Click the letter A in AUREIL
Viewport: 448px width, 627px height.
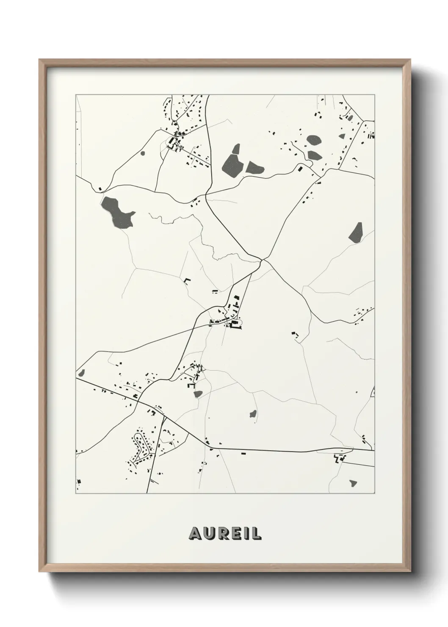tap(195, 534)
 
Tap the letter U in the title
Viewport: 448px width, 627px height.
tap(209, 534)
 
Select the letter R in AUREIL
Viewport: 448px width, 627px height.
tap(223, 534)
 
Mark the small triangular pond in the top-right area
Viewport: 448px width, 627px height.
tap(342, 136)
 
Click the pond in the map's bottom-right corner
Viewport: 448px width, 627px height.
tap(353, 482)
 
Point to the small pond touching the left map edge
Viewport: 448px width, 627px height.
tap(81, 373)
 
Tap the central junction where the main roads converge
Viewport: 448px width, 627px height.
tap(263, 259)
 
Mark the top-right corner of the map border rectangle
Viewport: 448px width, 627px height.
tap(374, 95)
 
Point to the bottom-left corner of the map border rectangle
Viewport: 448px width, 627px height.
tap(76, 494)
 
